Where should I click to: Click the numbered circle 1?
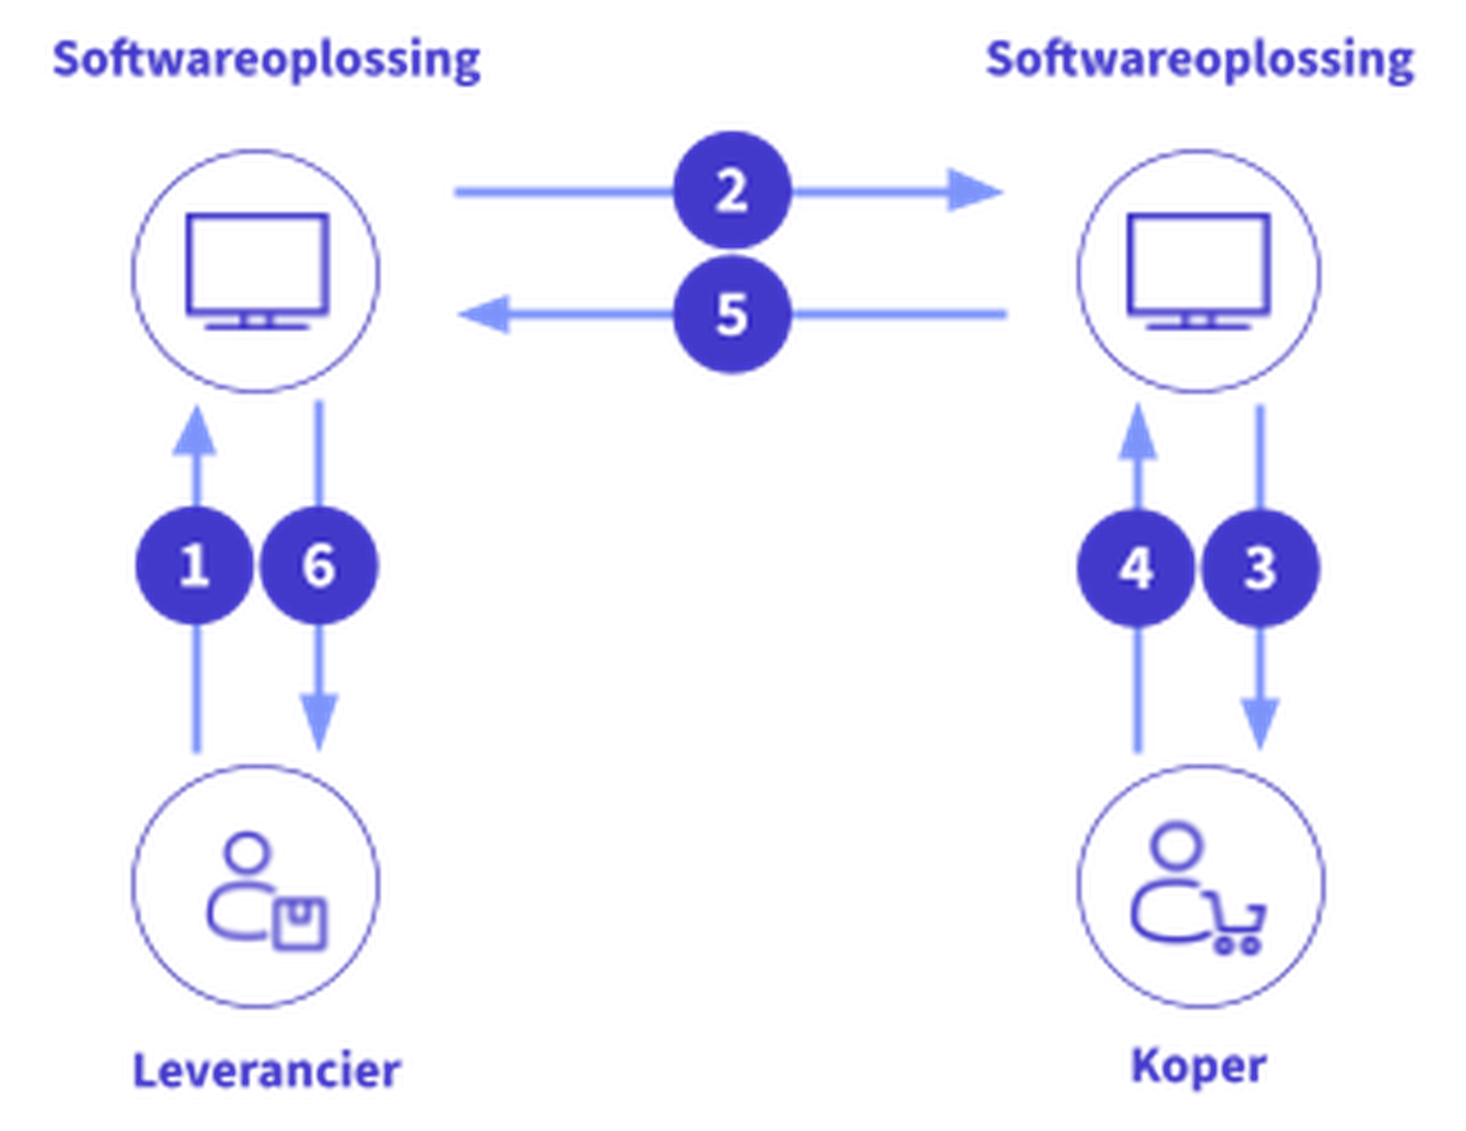coord(193,566)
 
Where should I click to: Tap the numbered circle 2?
coord(731,190)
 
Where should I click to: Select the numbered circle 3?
coord(1260,568)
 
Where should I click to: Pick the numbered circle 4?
coord(1135,568)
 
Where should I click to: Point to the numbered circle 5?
coord(731,314)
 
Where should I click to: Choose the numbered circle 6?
coord(319,566)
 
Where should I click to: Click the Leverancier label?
coord(266,1069)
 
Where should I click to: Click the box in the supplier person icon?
coord(300,923)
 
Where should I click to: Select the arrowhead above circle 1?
coord(195,433)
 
